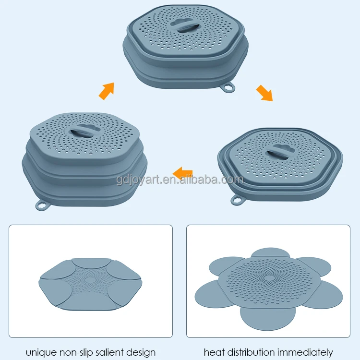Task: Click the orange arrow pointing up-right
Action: (x=107, y=91)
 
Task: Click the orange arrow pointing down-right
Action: (x=264, y=93)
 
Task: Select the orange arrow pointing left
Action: (x=183, y=172)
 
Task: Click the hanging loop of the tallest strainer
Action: (x=40, y=205)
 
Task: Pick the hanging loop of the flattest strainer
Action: (x=237, y=200)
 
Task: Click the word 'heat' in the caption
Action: (x=214, y=352)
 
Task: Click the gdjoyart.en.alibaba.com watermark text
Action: (x=180, y=180)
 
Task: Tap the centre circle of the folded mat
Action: (x=89, y=279)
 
